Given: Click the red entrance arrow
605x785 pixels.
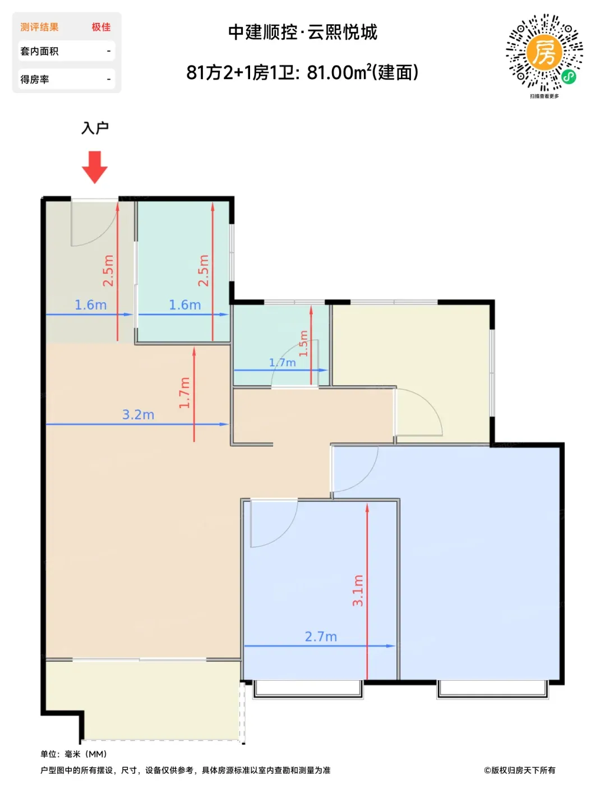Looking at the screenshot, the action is pyautogui.click(x=94, y=167).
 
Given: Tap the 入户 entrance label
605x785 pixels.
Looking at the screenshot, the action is pyautogui.click(x=95, y=128).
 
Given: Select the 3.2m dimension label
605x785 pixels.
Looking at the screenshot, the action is pyautogui.click(x=138, y=414).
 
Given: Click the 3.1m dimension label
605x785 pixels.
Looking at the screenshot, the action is pyautogui.click(x=358, y=590).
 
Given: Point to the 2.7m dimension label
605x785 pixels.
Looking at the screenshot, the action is pyautogui.click(x=321, y=636).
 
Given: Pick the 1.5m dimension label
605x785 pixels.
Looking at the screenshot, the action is pyautogui.click(x=303, y=344).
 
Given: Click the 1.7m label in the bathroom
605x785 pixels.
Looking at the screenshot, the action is pyautogui.click(x=282, y=362).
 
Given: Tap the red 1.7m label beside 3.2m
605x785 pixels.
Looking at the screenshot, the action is pyautogui.click(x=184, y=392).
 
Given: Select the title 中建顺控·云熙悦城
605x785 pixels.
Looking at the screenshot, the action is pyautogui.click(x=303, y=32).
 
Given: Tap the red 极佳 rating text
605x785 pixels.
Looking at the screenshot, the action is pyautogui.click(x=101, y=27).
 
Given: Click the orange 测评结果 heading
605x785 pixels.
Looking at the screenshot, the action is pyautogui.click(x=39, y=27).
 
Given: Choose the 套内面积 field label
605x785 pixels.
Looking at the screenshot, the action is pyautogui.click(x=39, y=51).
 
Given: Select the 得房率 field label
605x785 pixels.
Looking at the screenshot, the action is pyautogui.click(x=34, y=80).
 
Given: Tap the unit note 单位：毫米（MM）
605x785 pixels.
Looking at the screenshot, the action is pyautogui.click(x=73, y=754).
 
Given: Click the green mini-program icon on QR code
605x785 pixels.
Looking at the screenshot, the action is pyautogui.click(x=569, y=77).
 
